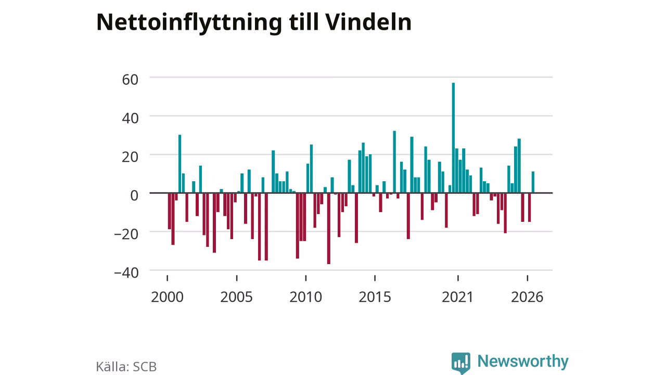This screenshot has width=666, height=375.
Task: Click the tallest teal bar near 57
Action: [453, 138]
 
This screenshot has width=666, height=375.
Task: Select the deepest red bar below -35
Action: [328, 229]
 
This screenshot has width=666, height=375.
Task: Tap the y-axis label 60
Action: [130, 80]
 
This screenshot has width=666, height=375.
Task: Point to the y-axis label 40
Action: [130, 118]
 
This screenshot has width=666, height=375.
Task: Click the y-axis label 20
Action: [130, 157]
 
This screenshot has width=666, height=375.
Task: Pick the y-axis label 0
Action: [134, 195]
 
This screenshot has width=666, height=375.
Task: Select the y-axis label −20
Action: [126, 234]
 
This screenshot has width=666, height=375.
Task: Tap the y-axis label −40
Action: [126, 272]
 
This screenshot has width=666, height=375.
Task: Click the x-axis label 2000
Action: [167, 297]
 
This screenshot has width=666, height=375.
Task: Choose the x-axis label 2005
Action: [236, 297]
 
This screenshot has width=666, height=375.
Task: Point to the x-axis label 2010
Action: [305, 297]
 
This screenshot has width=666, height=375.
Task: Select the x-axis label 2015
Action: [375, 297]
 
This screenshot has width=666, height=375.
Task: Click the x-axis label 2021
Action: [457, 297]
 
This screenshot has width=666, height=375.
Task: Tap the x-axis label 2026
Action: [527, 297]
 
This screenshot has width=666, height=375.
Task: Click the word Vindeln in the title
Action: [368, 22]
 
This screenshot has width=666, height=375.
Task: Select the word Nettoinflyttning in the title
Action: [189, 24]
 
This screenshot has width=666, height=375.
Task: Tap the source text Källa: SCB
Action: [126, 367]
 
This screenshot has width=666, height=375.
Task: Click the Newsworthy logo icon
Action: [461, 363]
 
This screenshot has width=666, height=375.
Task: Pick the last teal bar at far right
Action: [533, 182]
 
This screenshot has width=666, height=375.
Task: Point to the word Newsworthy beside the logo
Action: [523, 361]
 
